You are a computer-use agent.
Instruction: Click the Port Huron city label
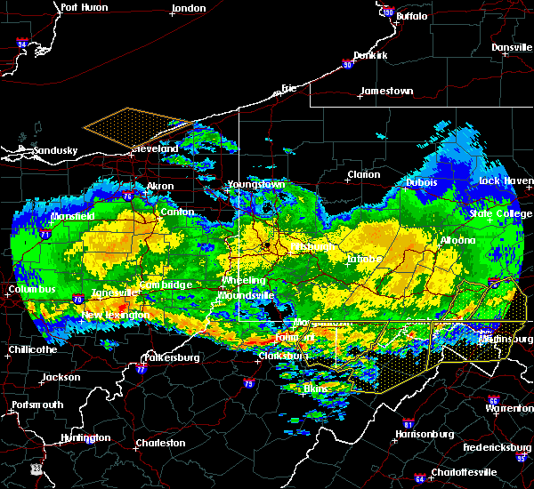point(84,7)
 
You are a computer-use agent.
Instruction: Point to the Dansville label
point(511,47)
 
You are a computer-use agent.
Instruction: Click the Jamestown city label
point(385,91)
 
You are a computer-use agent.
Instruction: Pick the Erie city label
point(288,88)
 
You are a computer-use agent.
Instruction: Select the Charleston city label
point(160,443)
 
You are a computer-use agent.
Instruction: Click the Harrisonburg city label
point(424,434)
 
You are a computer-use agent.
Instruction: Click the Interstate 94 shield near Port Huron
point(22,43)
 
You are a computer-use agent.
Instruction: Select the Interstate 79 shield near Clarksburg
point(248,384)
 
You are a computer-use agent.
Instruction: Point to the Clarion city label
point(364,174)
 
